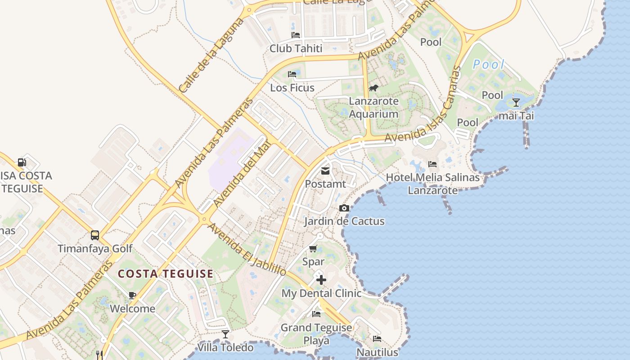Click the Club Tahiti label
point(296,48)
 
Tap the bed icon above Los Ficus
point(292,74)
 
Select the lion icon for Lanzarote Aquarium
point(373,88)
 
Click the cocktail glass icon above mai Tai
point(516,103)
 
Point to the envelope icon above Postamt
point(325,171)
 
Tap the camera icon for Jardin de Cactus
point(344,208)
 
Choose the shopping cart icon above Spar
point(313,248)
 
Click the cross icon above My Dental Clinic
point(321,280)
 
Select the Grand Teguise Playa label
point(316,333)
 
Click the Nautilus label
point(377,351)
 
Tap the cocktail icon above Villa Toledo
point(225,334)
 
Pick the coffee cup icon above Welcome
point(132,296)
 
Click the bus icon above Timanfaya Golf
point(95,235)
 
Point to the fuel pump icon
point(22,162)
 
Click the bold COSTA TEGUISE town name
point(166,274)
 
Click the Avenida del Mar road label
point(242,174)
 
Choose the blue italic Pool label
point(489,65)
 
